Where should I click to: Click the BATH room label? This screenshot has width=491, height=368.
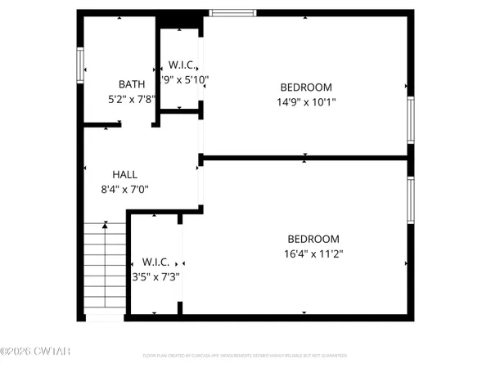tap(132, 83)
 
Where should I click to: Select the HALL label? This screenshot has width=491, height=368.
tap(125, 174)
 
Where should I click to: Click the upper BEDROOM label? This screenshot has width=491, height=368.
tap(306, 88)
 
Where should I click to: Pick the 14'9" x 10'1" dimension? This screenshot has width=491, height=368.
tap(306, 102)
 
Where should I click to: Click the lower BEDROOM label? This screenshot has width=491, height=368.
tap(307, 238)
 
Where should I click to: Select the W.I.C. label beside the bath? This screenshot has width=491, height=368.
tap(181, 64)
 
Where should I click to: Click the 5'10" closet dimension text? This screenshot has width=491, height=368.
tap(186, 79)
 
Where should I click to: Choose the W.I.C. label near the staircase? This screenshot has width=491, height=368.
tap(155, 262)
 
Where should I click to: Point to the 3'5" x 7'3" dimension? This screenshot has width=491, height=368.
tap(155, 276)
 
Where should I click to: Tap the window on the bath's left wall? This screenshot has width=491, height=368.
tap(80, 65)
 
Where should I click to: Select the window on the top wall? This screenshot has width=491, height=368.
tap(232, 12)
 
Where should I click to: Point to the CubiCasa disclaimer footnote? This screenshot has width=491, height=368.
tap(244, 356)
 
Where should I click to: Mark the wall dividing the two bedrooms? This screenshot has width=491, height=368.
tap(304, 156)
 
